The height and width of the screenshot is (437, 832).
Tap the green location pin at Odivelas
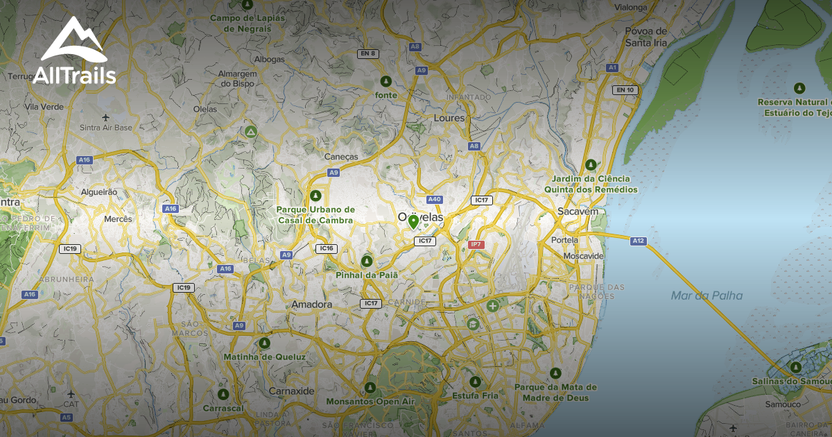coord(413,222)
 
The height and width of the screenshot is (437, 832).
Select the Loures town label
coord(448,118)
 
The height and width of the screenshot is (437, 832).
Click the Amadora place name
coord(312,305)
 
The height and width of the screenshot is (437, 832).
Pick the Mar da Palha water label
coord(707,296)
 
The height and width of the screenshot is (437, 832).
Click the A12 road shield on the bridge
coord(639,241)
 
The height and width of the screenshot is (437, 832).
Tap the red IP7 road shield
coord(476,245)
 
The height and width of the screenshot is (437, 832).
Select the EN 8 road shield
coord(367,53)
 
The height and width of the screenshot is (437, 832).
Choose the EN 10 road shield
coord(625,89)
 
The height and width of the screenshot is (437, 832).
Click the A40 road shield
coord(435,200)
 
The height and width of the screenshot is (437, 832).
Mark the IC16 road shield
coord(326,248)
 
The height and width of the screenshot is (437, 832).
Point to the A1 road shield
coord(612,67)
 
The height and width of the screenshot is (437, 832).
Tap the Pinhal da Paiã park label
coord(367,275)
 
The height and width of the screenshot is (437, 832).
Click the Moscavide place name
coord(584,256)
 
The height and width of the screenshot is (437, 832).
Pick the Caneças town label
coord(341,157)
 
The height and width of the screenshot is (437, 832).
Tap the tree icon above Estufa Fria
coord(475,382)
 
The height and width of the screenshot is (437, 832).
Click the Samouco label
coord(783,404)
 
